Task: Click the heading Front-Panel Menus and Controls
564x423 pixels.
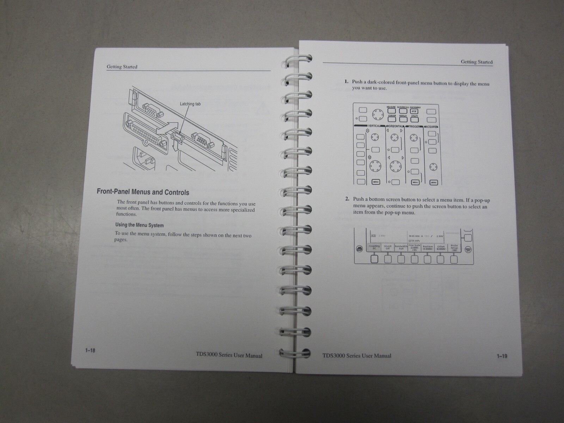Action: click(143, 192)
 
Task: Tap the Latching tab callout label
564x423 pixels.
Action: click(190, 104)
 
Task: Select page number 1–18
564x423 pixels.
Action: click(90, 350)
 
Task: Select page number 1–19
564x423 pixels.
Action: click(502, 356)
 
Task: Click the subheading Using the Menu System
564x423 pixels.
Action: click(139, 225)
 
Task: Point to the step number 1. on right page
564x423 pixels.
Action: click(347, 82)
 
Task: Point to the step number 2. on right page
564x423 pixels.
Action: click(347, 199)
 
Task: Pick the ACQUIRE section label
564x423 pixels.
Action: click(431, 126)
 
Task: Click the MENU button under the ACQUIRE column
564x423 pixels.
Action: click(434, 182)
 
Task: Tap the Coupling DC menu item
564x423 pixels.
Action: click(374, 247)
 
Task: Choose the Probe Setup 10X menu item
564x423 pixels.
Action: click(454, 247)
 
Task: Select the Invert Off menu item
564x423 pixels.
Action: click(388, 247)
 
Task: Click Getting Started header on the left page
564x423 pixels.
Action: click(122, 67)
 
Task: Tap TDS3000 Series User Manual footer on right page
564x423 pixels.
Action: click(356, 356)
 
